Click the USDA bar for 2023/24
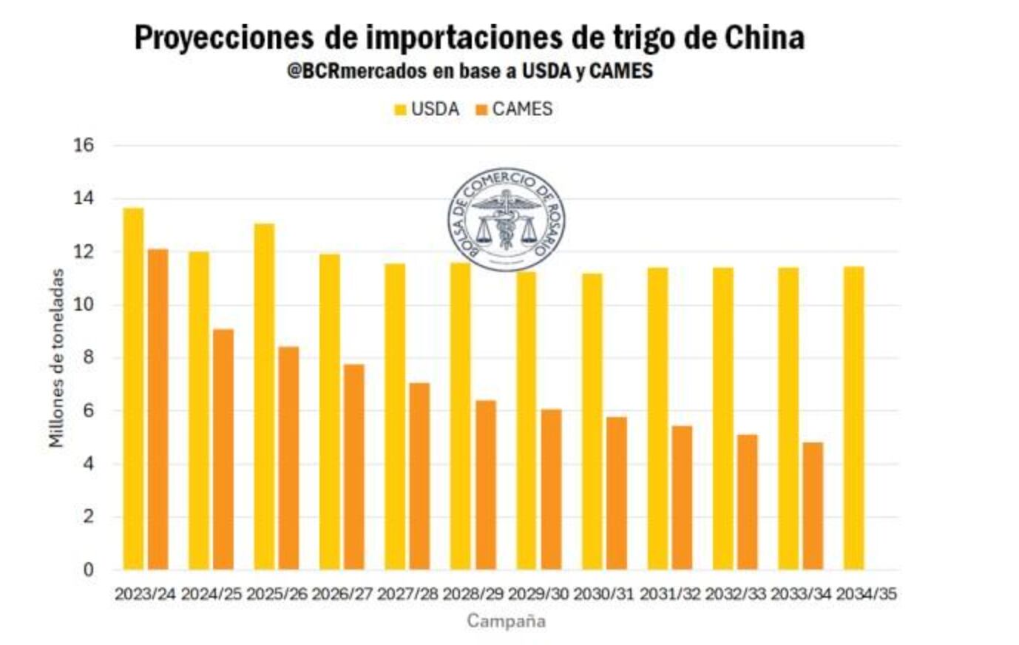point(133,388)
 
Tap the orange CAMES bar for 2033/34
point(813,506)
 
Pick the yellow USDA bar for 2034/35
point(853,418)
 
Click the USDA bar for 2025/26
point(264,396)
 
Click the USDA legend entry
point(427,109)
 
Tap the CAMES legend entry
point(514,109)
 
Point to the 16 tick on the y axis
point(84,145)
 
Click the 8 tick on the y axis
point(89,358)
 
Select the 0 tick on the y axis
point(89,570)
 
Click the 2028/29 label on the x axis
point(473,594)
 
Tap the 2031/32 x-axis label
point(669,594)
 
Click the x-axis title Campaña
point(506,621)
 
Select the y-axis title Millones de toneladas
point(56,358)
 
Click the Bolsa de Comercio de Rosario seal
point(507,219)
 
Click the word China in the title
point(764,37)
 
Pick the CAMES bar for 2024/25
point(223,449)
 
